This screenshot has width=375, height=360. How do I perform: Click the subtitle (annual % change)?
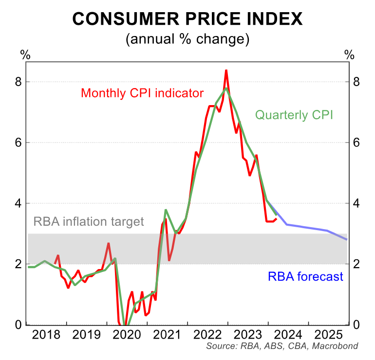point(187,39)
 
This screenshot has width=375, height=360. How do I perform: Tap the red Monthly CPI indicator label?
point(142,92)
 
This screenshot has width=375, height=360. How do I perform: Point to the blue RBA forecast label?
point(305,277)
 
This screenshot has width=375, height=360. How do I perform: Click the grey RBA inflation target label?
point(89,222)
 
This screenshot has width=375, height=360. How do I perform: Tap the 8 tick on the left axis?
point(19,82)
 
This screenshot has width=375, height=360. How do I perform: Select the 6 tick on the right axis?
point(356,143)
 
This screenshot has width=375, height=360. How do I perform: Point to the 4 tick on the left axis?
point(19,203)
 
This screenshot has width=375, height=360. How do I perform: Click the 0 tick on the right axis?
point(356,324)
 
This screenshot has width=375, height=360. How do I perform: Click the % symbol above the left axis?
point(25,54)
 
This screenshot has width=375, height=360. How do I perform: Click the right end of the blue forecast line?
point(347,239)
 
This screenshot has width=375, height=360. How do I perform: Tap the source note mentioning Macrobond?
point(282,346)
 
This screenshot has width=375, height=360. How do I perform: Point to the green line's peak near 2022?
point(226,88)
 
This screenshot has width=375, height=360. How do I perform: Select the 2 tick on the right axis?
point(356,264)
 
